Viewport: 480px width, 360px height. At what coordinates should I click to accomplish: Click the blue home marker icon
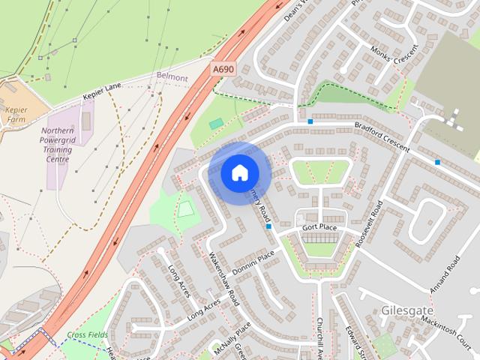coord(239,172)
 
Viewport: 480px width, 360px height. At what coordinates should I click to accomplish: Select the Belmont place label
coord(172,76)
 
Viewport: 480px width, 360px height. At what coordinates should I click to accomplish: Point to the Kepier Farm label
coord(16,114)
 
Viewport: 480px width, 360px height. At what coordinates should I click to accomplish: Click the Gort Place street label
coord(321,226)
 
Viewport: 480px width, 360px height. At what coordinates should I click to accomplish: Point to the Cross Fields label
coord(87,334)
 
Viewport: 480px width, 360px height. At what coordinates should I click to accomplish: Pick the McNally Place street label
coord(231,340)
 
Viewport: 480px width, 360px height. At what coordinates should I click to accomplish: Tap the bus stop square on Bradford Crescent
coord(310,121)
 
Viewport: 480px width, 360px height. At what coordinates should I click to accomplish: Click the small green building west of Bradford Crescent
coord(216,124)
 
